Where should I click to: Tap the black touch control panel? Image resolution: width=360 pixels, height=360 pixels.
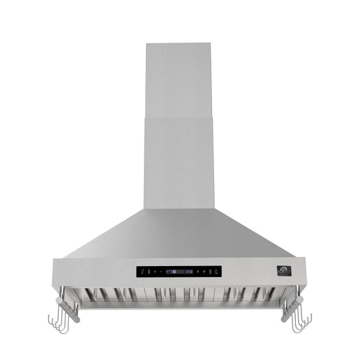tap(179, 272)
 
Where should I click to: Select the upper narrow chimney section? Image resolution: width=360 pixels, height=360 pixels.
tap(180, 81)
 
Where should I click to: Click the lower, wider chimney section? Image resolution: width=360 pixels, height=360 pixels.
tap(180, 162)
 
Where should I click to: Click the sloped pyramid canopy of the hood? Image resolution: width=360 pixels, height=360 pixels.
tap(180, 233)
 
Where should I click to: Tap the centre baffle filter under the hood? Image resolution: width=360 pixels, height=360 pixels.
tap(180, 295)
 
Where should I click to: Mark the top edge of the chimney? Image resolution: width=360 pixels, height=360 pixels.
tap(180, 45)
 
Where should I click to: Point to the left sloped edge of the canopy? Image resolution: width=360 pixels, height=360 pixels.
tap(101, 234)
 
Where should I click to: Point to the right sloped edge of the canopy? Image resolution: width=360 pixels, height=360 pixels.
tap(259, 234)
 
